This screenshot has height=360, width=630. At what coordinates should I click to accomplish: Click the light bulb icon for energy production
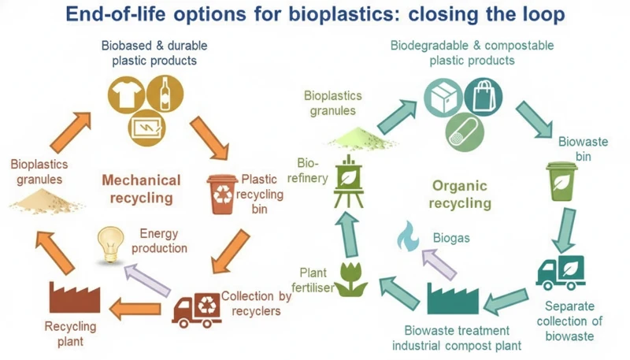(x=110, y=241)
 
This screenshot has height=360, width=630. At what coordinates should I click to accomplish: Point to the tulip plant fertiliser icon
(x=352, y=279)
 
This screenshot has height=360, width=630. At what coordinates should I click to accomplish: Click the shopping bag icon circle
(x=481, y=97)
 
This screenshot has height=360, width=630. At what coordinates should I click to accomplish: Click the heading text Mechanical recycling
(x=141, y=188)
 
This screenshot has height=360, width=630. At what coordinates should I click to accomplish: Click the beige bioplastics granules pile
(x=46, y=205)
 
